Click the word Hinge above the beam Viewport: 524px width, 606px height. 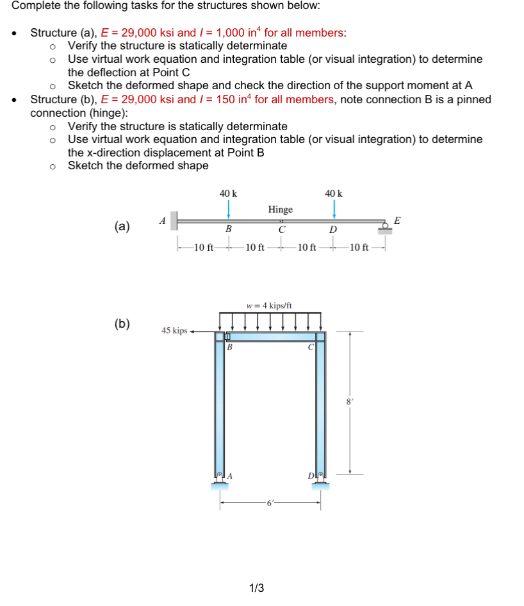pos(280,210)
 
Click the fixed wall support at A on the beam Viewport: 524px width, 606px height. pos(174,222)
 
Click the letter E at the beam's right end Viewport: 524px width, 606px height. pos(398,220)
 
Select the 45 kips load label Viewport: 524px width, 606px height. pos(174,331)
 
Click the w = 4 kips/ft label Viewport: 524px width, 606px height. pos(269,305)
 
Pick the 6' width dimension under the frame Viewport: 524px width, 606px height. pos(270,503)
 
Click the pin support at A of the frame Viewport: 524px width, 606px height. pos(219,478)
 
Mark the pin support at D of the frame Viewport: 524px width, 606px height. pos(321,478)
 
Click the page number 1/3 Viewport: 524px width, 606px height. pos(256,588)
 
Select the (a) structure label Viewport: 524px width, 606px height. pos(122,226)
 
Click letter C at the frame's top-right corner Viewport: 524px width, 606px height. pos(310,348)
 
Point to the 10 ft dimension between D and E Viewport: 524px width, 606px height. pos(359,248)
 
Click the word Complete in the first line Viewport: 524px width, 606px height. pos(35,6)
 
